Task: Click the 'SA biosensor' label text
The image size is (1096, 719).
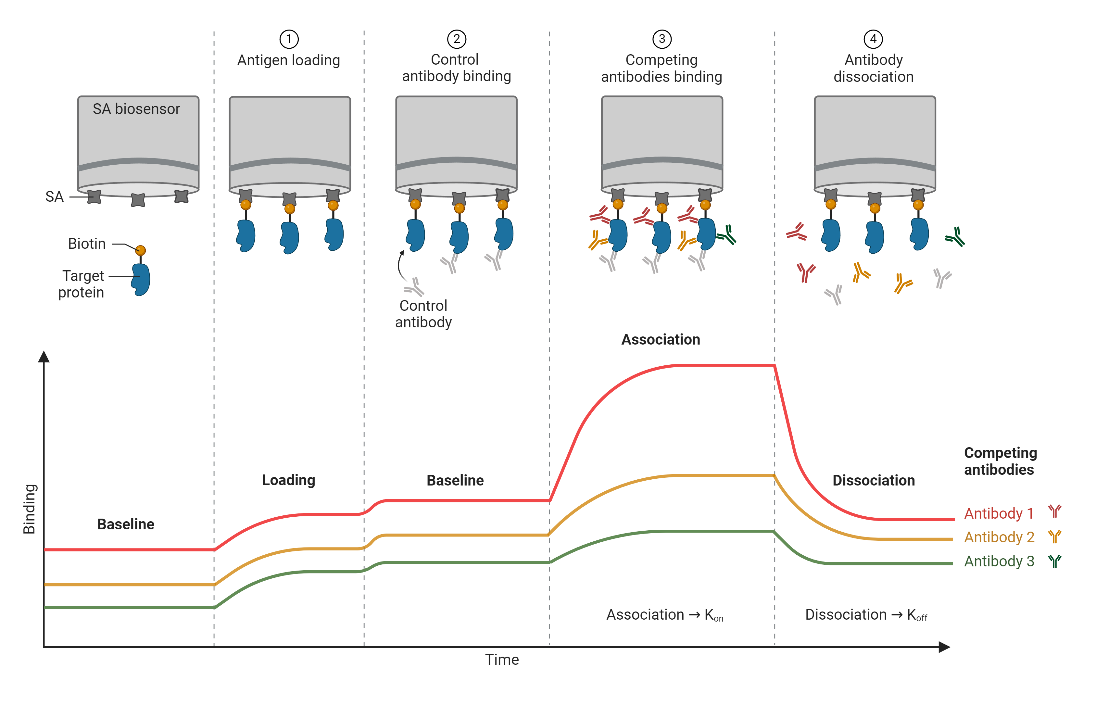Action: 136,109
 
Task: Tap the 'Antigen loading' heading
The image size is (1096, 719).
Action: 289,60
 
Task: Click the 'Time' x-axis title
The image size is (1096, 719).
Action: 502,660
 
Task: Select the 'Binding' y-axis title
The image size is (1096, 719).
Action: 30,509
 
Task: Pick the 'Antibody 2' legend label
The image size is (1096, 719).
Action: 999,537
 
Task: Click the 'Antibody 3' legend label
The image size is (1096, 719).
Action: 999,561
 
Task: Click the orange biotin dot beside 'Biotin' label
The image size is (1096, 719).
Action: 141,250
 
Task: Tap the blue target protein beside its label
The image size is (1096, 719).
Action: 141,279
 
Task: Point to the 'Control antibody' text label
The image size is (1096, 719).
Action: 423,314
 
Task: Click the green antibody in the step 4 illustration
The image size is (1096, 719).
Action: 955,237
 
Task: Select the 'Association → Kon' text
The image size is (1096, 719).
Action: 664,615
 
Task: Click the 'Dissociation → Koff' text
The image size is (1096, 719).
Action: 866,615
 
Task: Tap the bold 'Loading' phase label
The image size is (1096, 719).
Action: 289,480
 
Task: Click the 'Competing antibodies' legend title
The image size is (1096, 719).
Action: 1000,461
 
